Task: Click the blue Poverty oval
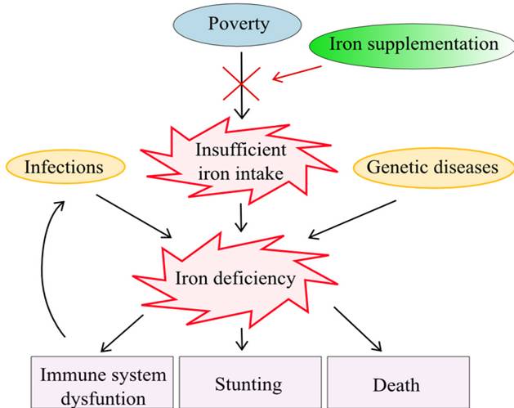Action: click(239, 24)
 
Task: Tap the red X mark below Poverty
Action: click(240, 83)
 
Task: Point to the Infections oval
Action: click(65, 167)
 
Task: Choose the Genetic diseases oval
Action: click(432, 167)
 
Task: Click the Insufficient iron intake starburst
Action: click(240, 161)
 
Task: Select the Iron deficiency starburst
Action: click(235, 278)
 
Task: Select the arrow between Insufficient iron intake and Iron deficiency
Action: click(240, 217)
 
